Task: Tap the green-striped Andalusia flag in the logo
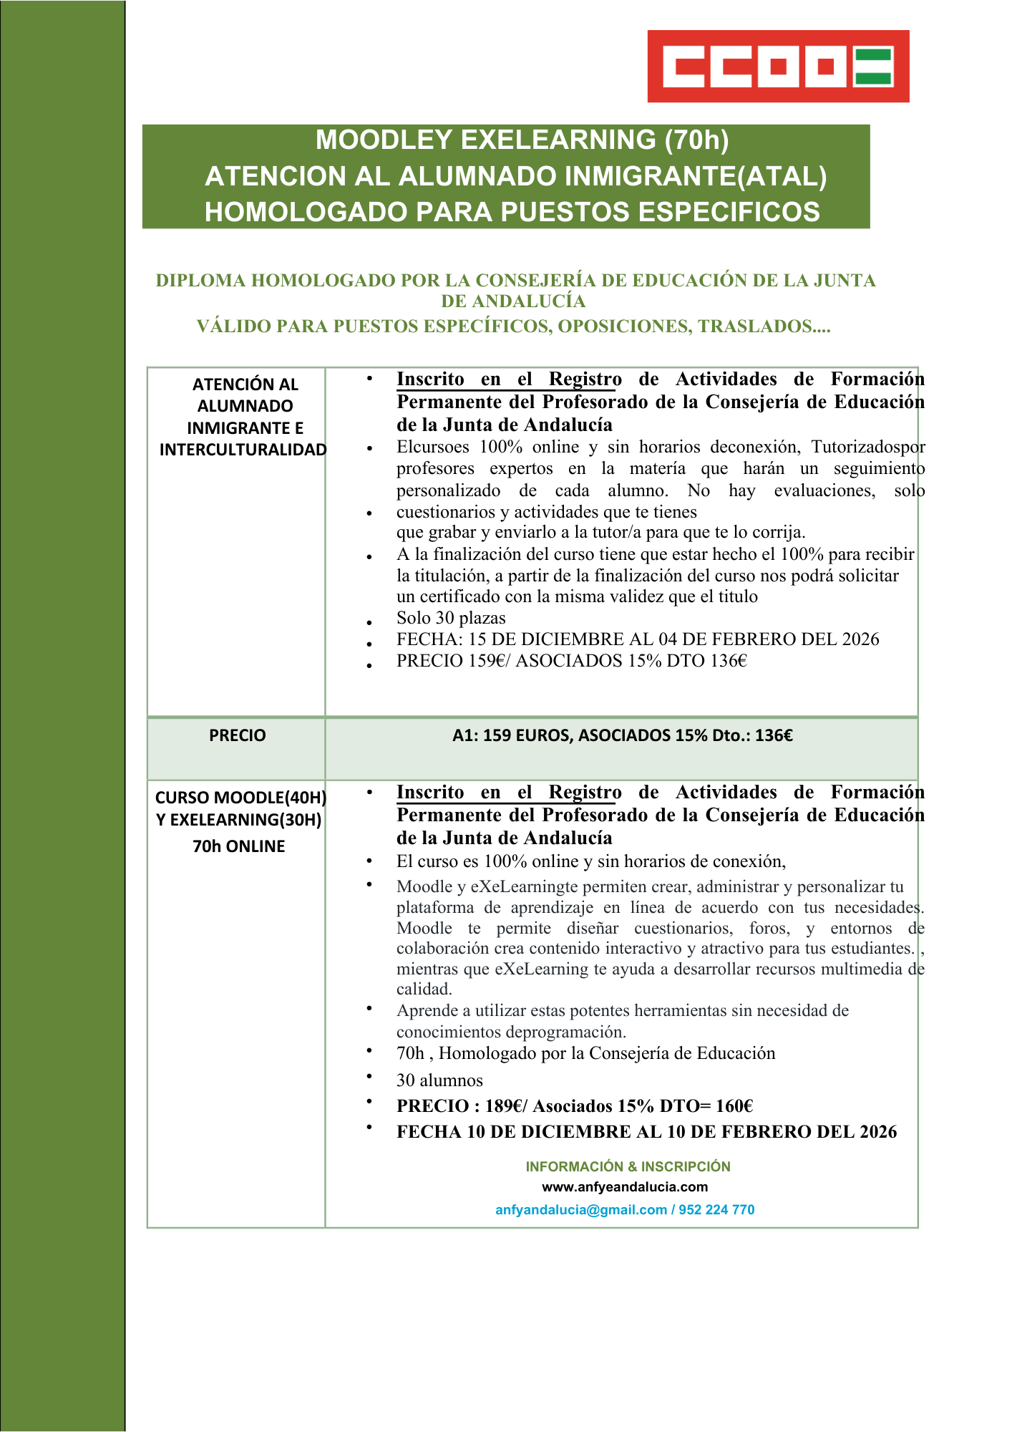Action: click(x=872, y=66)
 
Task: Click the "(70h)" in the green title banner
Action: click(x=696, y=140)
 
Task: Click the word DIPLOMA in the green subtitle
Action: click(x=200, y=280)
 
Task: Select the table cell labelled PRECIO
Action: click(x=237, y=735)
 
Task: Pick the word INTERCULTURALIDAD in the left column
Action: click(x=243, y=450)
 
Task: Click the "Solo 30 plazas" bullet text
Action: click(x=451, y=618)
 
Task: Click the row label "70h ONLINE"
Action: click(x=238, y=846)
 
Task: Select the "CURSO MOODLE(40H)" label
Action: click(x=240, y=798)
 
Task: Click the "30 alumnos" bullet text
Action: click(x=439, y=1080)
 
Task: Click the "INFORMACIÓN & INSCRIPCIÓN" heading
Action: click(x=628, y=1166)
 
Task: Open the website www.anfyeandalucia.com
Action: click(x=625, y=1187)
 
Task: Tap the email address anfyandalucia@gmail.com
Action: click(x=580, y=1210)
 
